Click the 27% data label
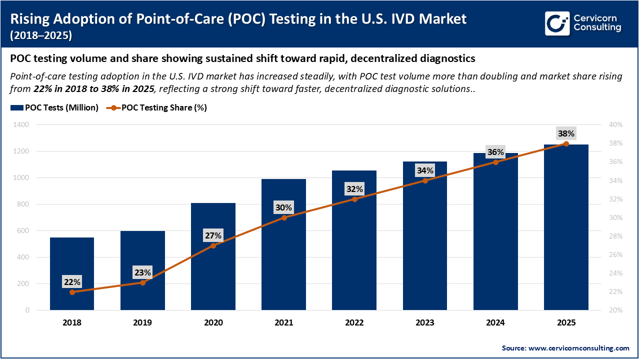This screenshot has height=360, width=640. click(213, 235)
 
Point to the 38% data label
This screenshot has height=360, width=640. click(566, 133)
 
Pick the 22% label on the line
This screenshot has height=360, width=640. click(72, 281)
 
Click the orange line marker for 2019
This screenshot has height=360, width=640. click(142, 282)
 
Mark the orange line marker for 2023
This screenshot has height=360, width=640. click(425, 180)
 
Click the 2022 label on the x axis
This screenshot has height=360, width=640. click(354, 323)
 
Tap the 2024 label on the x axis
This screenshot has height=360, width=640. click(495, 323)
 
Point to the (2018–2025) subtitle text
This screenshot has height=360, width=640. click(41, 35)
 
